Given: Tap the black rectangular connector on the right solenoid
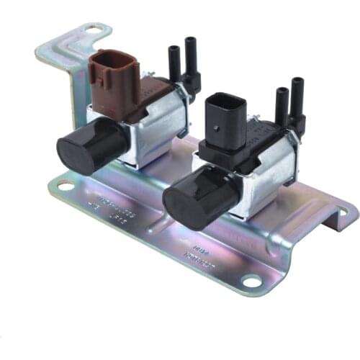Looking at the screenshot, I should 225,119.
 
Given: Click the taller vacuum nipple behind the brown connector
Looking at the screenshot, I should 191,57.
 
